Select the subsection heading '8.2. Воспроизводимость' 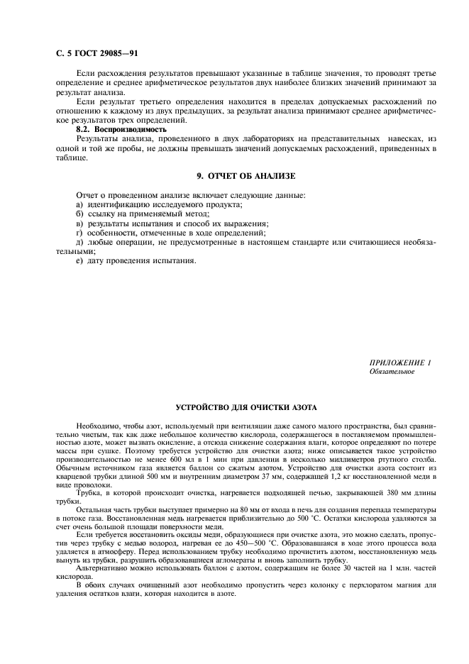pos(121,130)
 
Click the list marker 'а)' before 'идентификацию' pos(80,204)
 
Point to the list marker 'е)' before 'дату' pos(80,261)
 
